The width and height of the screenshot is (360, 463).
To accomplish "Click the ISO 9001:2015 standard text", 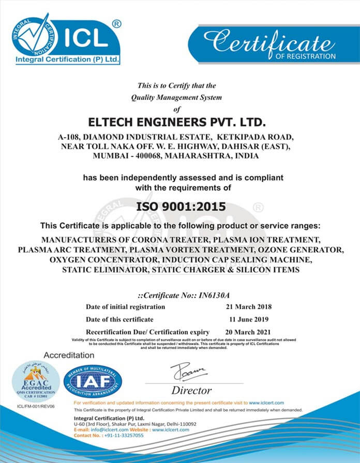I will tap(181, 207).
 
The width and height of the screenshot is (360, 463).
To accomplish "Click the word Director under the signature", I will tap(191, 390).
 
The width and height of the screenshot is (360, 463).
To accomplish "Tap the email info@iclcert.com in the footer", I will tap(110, 429).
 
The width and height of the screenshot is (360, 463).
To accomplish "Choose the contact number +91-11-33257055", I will tap(123, 436).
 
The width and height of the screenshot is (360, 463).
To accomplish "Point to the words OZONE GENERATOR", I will tap(307, 250).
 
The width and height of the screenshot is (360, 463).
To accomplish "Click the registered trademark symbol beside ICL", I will tap(117, 23).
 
